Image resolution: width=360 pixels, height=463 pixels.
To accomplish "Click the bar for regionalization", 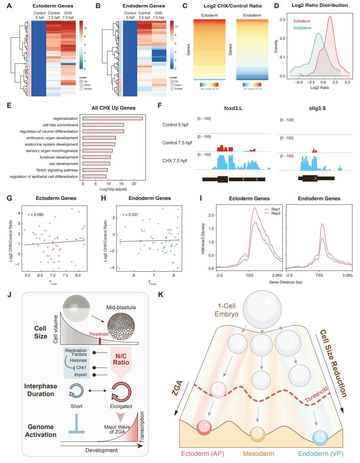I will pos(112,118).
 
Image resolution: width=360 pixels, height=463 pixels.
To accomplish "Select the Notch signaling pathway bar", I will pos(95,170).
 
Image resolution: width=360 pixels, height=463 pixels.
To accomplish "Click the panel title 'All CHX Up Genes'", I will pos(113,108).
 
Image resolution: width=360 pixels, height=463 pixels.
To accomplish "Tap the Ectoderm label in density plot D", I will pos(302,21).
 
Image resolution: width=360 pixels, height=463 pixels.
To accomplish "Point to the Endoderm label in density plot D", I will pos(302,28).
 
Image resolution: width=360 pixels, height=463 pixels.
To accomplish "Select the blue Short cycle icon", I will pos(76,390).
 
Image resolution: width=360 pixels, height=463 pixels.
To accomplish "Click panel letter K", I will pos(161,294).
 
